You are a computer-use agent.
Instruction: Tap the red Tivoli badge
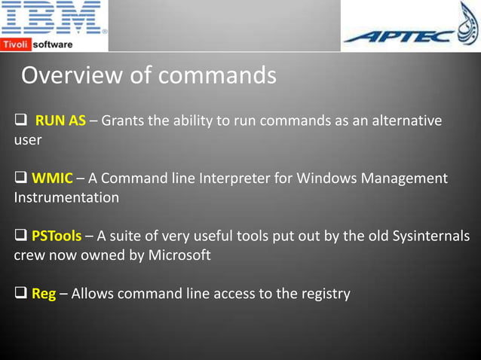[15, 44]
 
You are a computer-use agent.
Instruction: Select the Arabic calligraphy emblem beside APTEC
[467, 22]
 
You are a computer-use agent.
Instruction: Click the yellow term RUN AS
[60, 121]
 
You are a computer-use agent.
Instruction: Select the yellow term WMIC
[52, 178]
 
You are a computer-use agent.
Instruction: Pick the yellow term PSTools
[57, 236]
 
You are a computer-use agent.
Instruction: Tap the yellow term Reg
[44, 294]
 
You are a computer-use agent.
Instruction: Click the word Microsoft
[179, 255]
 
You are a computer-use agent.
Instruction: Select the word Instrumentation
[66, 197]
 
